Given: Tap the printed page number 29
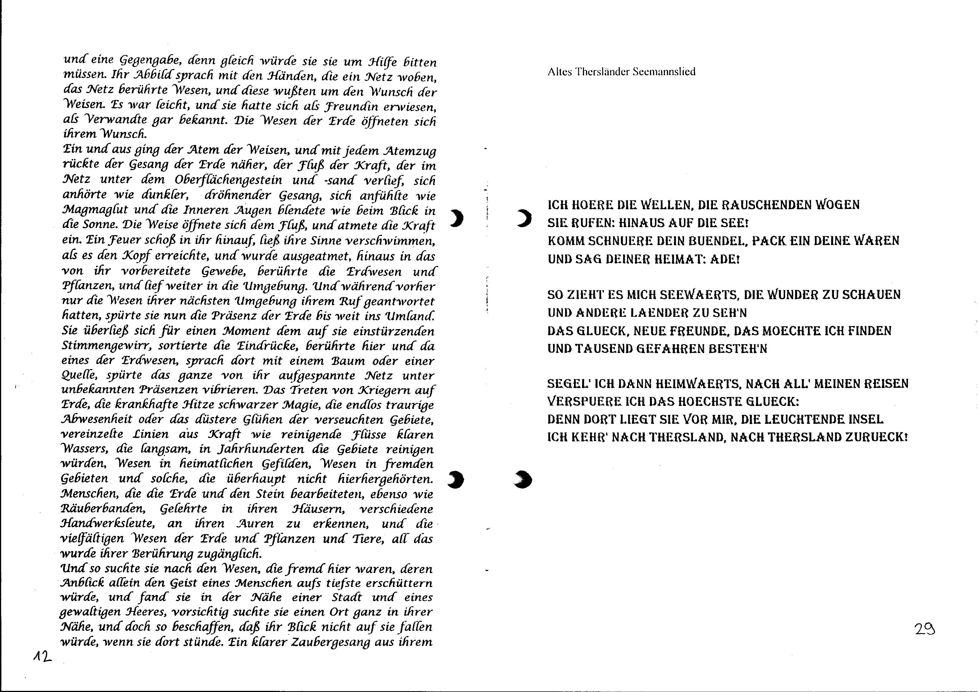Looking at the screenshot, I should point(925,629).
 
